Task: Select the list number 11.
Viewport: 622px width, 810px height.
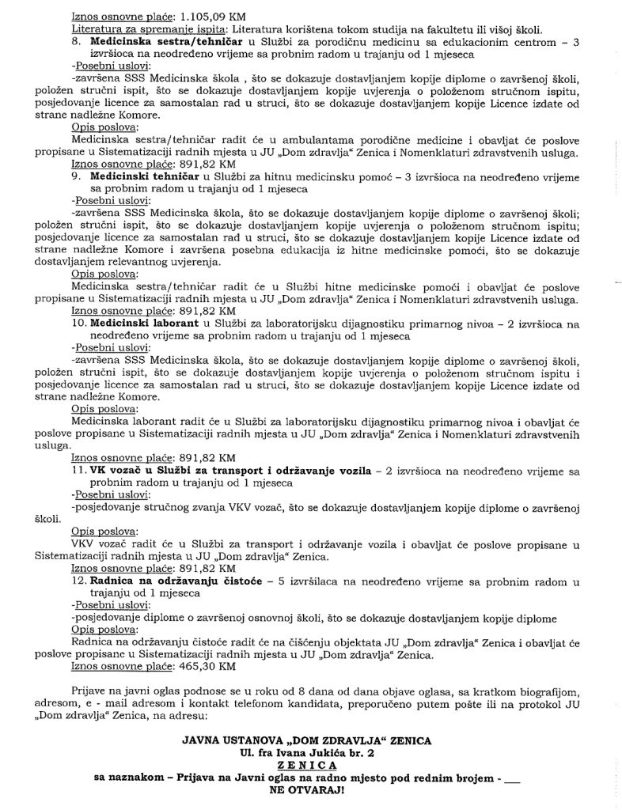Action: click(x=79, y=471)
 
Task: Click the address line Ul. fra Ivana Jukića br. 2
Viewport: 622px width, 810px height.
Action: click(x=311, y=752)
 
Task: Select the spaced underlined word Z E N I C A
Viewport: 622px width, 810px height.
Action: click(x=311, y=765)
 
